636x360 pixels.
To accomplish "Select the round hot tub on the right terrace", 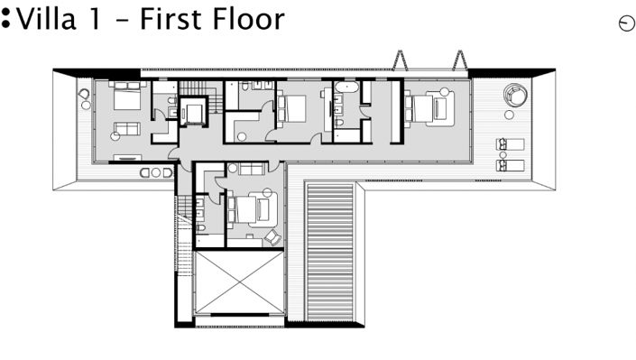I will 515,95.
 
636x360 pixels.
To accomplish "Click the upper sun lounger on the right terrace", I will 510,145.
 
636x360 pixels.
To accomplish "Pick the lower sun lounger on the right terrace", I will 510,164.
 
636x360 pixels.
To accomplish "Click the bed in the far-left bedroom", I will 124,97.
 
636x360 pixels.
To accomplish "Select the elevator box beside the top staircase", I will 194,112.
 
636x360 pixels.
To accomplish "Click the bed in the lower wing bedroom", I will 250,209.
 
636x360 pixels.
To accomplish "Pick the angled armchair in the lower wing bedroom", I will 271,236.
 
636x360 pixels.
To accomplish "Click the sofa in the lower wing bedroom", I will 250,169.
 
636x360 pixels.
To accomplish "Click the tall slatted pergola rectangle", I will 329,251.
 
